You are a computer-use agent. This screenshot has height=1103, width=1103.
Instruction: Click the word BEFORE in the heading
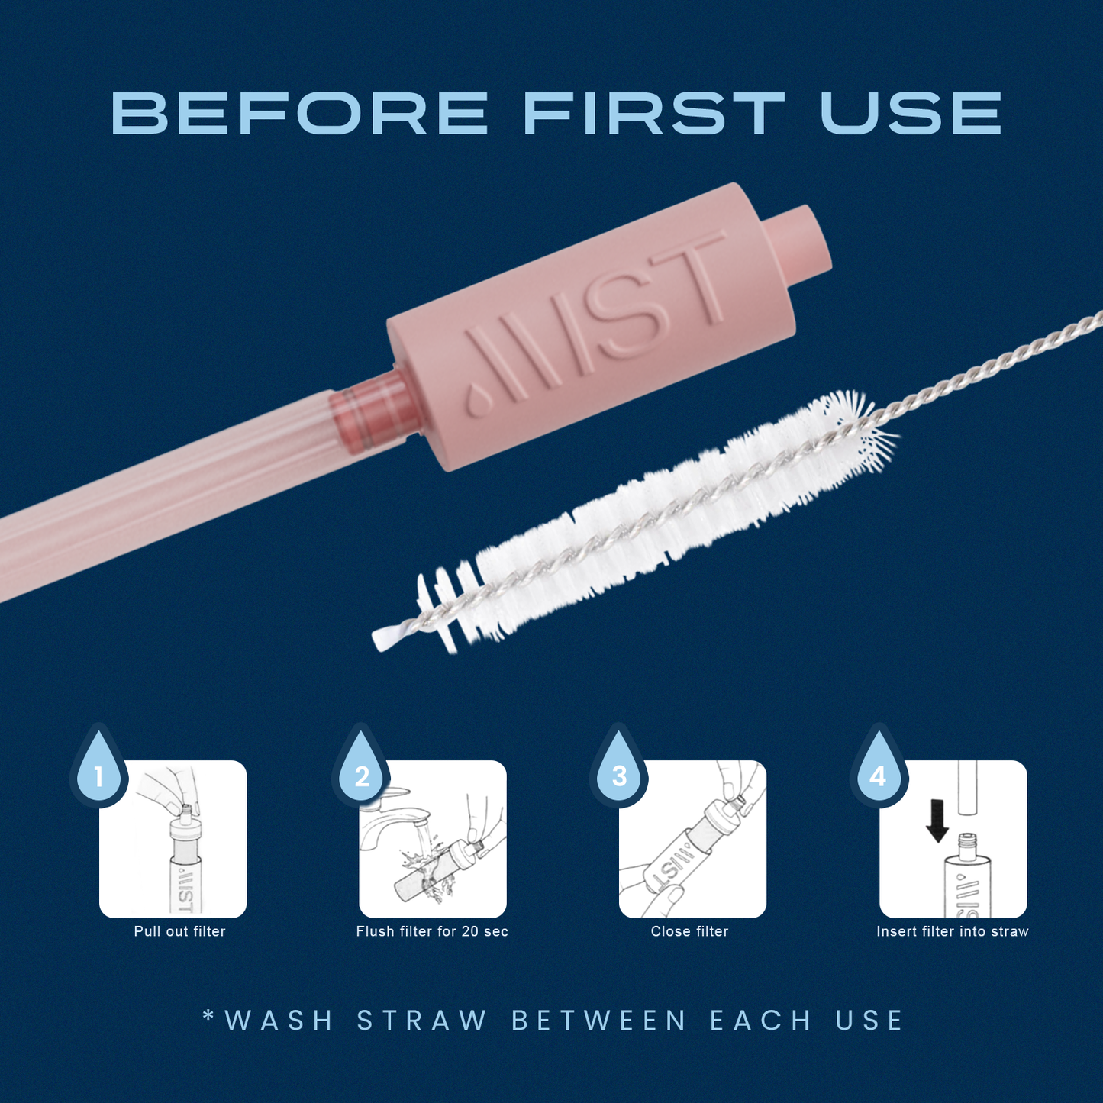(x=299, y=114)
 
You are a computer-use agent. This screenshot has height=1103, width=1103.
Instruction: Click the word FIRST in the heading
(x=654, y=114)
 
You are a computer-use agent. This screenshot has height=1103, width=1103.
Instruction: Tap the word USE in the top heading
(x=911, y=114)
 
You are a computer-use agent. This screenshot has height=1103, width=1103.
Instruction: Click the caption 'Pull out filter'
(x=179, y=931)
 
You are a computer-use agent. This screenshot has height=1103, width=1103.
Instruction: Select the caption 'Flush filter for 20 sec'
(x=432, y=931)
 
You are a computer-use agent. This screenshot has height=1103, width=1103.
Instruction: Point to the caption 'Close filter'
(x=689, y=931)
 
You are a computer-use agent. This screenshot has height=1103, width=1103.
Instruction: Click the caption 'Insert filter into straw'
(x=952, y=931)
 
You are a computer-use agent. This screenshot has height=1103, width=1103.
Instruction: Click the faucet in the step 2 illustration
(x=389, y=817)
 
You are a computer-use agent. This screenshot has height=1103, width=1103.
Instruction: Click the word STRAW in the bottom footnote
(x=422, y=1021)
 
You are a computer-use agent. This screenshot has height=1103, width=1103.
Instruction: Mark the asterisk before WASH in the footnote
(x=208, y=1016)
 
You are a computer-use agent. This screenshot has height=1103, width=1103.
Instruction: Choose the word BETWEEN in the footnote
(x=599, y=1021)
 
